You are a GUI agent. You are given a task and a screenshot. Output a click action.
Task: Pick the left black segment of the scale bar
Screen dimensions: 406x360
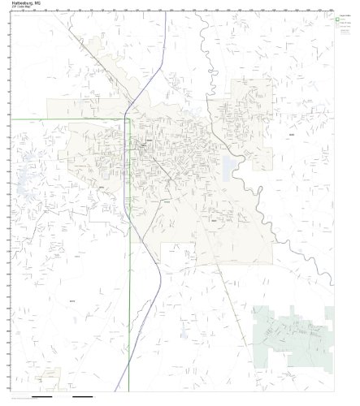(x=41, y=398)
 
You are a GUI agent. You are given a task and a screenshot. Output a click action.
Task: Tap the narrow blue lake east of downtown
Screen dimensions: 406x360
(x=230, y=168)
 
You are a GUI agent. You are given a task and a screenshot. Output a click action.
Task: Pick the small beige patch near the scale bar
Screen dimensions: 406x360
(x=50, y=377)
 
